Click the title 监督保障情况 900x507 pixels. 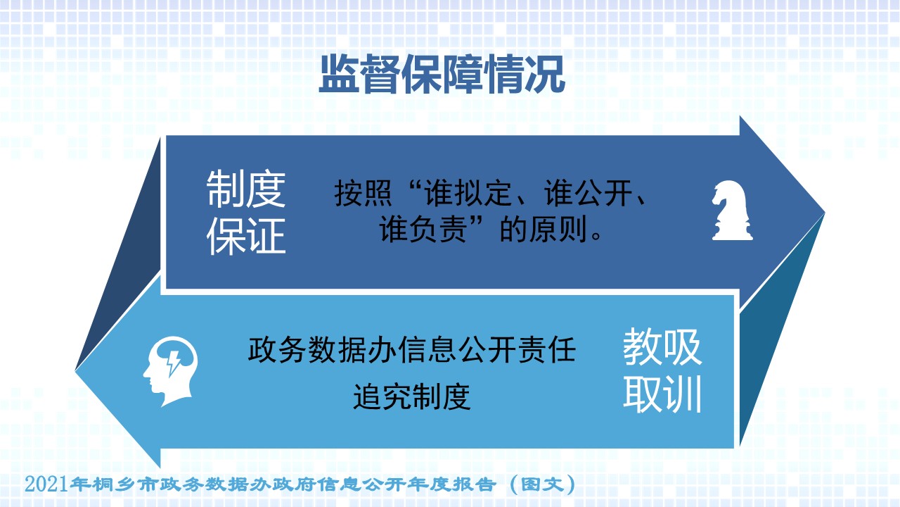[x=442, y=75]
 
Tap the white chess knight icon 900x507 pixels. [x=732, y=211]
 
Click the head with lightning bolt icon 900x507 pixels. [x=170, y=371]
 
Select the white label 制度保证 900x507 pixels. [x=246, y=212]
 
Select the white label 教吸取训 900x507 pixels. [x=662, y=370]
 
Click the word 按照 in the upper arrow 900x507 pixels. [x=363, y=194]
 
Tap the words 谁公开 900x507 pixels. [x=588, y=194]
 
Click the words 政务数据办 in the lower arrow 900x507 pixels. [x=323, y=350]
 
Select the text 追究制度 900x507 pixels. [x=412, y=396]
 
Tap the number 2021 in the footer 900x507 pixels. [x=46, y=484]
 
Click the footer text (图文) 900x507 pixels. [x=542, y=484]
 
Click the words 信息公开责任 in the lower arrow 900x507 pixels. [x=487, y=350]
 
